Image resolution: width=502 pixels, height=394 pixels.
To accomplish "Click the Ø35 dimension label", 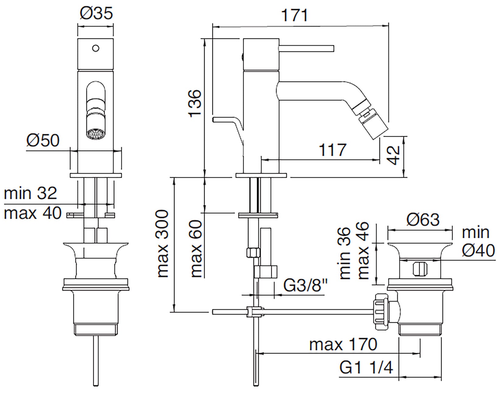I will point(96,14).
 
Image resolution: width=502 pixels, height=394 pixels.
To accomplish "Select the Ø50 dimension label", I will point(43,141).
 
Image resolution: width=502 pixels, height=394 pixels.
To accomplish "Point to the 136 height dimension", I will point(195,103).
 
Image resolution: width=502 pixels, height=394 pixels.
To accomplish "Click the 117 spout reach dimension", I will point(333,150).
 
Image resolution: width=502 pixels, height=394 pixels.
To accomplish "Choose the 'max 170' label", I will point(343,344).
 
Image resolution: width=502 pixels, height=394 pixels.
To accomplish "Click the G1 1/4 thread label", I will point(366,368).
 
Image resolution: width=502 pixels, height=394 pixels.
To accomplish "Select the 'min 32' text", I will point(30,193).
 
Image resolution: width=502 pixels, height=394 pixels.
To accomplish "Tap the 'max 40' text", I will point(33,213).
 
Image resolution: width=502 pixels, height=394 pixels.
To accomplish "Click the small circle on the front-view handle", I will point(96,48).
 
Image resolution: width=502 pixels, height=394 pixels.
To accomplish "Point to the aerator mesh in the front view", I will point(96,134).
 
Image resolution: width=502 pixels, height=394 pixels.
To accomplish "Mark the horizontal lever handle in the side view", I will point(306,48).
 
